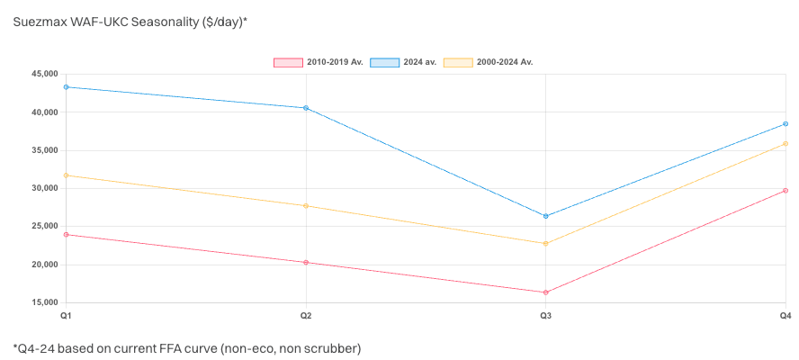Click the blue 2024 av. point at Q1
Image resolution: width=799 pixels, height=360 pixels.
pos(67,87)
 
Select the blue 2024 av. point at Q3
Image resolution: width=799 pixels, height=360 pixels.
pos(546,216)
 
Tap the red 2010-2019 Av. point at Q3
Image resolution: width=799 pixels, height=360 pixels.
pos(546,292)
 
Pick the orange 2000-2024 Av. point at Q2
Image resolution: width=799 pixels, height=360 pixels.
pos(306,206)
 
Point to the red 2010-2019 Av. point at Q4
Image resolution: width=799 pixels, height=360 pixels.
pos(786,191)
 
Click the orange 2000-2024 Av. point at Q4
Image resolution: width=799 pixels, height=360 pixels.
pos(786,144)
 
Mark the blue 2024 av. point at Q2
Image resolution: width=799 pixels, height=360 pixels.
pos(306,108)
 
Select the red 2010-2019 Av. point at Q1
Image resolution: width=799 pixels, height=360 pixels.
pos(67,235)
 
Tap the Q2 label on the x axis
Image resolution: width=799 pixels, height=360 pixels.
pos(306,316)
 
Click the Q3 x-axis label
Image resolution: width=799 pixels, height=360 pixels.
pos(546,316)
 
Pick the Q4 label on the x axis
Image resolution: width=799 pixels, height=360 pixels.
pos(785,316)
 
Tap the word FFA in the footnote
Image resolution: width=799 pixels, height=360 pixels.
pos(173,347)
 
